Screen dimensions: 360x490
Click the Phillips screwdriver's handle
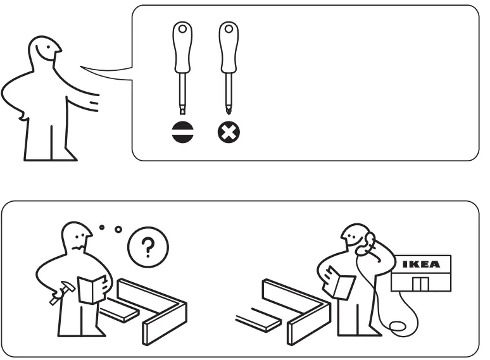coord(227,47)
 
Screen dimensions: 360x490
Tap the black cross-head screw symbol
coord(227,132)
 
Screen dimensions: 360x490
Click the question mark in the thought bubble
coord(148,247)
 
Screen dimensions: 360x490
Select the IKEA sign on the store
coord(421,264)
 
